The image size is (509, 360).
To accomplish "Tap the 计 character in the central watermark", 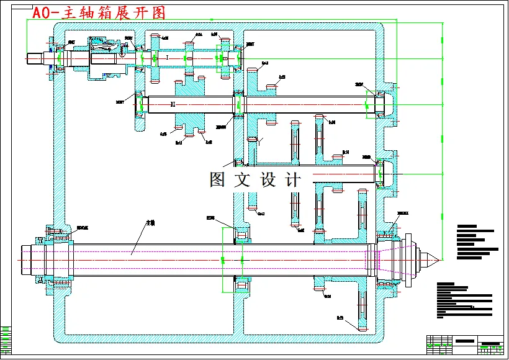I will point(292,180).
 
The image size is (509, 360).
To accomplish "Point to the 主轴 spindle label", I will point(150,222).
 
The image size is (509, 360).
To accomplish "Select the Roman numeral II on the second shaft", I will point(173,104).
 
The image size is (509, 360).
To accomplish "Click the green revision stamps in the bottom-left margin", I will point(6,338).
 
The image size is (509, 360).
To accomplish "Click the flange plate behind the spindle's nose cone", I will point(397,258).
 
